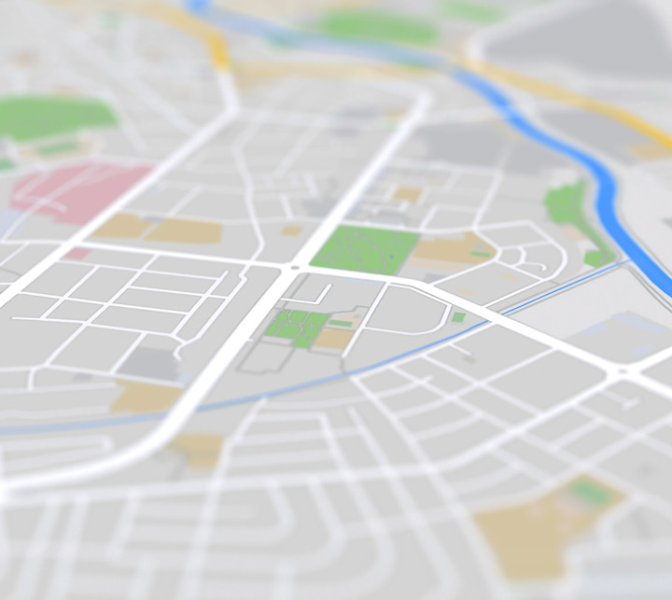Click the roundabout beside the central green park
[294, 269]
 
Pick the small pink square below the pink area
[78, 253]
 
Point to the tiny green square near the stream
[458, 317]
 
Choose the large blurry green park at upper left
[56, 118]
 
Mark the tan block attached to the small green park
[335, 338]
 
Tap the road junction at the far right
[620, 371]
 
